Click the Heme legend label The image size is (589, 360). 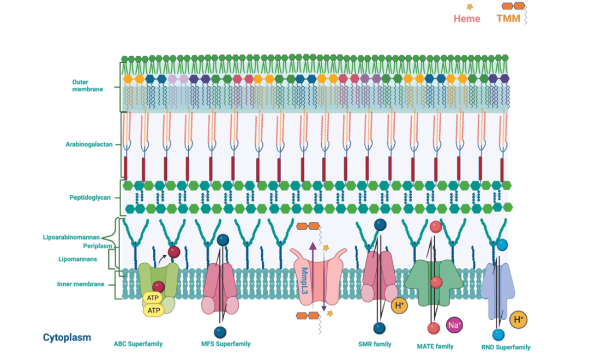pos(467,19)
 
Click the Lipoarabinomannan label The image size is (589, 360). pos(71,237)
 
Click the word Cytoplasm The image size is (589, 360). pos(67,338)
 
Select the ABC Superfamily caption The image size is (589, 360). pos(138,344)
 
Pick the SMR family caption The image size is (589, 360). pos(375,344)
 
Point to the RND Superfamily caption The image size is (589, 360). pos(506,347)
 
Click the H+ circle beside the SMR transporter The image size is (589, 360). pos(399,306)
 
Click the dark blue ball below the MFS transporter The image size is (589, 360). pos(220,332)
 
